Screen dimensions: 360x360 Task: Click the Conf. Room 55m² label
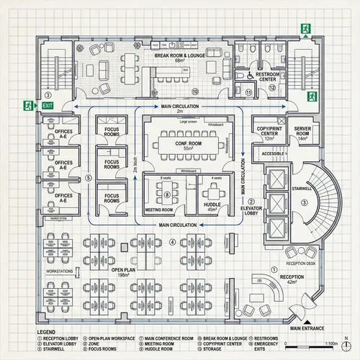pos(185,144)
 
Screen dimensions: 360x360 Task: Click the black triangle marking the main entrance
pos(307,323)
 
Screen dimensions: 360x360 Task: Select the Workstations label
pos(59,271)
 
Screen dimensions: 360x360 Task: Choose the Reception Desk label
pos(301,252)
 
